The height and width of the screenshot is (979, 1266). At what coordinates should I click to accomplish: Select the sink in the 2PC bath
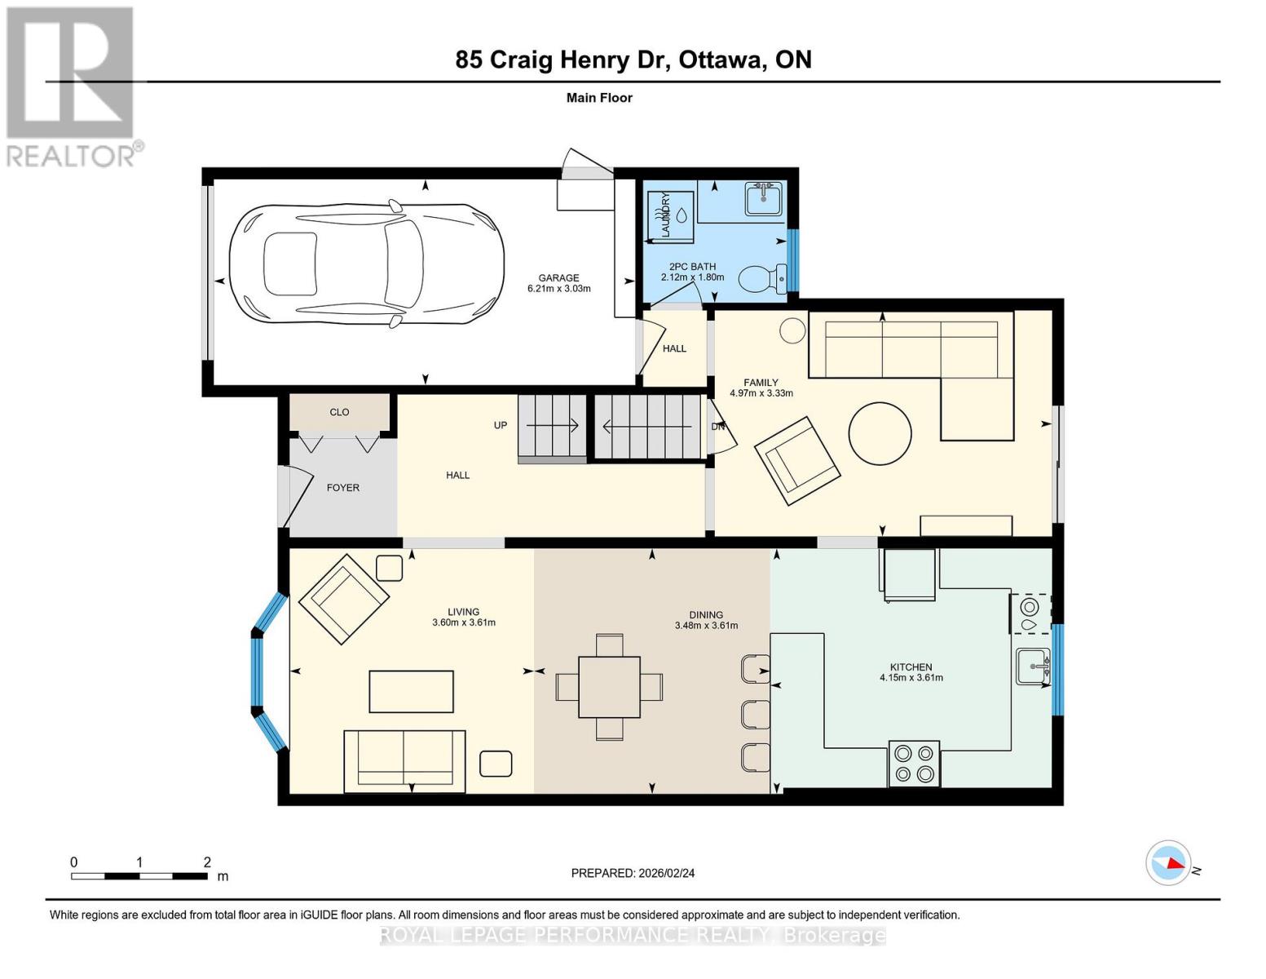pyautogui.click(x=764, y=198)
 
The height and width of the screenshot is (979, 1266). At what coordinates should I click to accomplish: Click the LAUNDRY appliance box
pyautogui.click(x=671, y=216)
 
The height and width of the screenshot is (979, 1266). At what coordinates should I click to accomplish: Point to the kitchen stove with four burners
pyautogui.click(x=914, y=764)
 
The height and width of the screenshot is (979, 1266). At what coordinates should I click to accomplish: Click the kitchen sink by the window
pyautogui.click(x=1033, y=667)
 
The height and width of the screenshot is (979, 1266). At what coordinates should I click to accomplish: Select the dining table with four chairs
pyautogui.click(x=609, y=687)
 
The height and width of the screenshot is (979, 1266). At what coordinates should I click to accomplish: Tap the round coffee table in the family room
pyautogui.click(x=880, y=433)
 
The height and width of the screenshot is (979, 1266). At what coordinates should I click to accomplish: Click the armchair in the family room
pyautogui.click(x=796, y=462)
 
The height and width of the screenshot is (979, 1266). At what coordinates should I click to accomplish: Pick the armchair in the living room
pyautogui.click(x=343, y=599)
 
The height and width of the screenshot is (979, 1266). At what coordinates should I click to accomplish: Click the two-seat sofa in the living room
pyautogui.click(x=404, y=761)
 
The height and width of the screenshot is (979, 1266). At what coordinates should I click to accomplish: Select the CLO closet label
pyautogui.click(x=339, y=412)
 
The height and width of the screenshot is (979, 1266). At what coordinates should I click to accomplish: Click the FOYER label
pyautogui.click(x=342, y=488)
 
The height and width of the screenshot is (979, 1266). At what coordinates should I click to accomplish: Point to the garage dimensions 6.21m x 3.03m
pyautogui.click(x=558, y=289)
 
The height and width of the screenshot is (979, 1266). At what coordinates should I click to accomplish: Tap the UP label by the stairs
pyautogui.click(x=501, y=425)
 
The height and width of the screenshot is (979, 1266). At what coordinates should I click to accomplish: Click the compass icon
pyautogui.click(x=1168, y=862)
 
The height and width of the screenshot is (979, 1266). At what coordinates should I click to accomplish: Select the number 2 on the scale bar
pyautogui.click(x=207, y=862)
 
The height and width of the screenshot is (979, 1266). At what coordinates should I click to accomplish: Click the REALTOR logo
pyautogui.click(x=71, y=86)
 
